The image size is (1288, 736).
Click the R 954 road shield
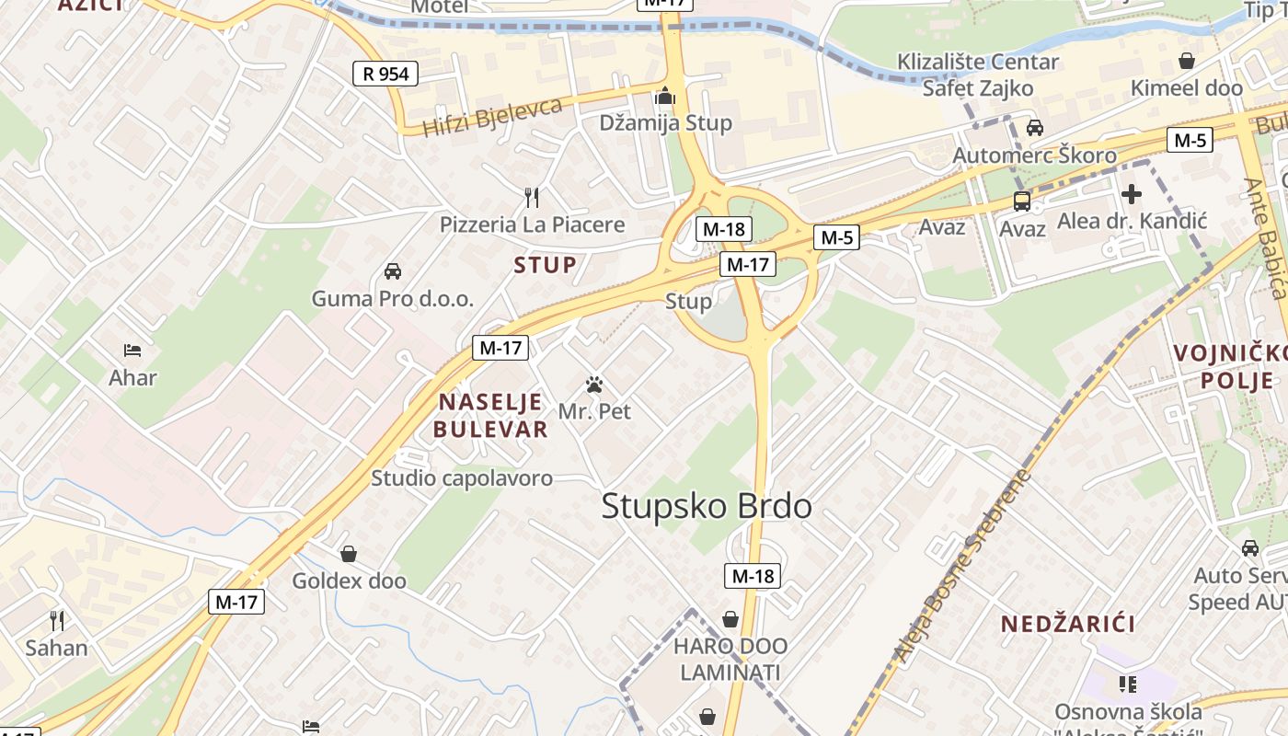tap(385, 74)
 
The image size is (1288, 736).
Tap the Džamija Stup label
tap(665, 123)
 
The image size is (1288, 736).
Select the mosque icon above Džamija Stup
tap(665, 96)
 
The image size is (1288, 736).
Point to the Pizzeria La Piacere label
tap(532, 224)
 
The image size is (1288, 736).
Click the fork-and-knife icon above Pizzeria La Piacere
tap(531, 197)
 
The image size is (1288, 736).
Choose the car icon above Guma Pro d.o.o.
tap(393, 271)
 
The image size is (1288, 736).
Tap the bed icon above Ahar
tap(132, 351)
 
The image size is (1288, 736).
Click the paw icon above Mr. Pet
tap(594, 385)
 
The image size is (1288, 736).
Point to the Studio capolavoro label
tap(462, 478)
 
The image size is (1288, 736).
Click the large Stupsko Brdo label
tap(707, 507)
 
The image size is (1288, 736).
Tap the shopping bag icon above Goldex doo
tap(349, 554)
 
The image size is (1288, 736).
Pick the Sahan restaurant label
tap(56, 648)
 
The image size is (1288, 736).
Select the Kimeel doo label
tap(1187, 88)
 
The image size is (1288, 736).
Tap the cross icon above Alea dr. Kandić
tap(1132, 194)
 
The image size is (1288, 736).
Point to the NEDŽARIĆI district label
tap(1067, 624)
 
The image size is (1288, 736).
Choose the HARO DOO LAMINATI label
tap(730, 659)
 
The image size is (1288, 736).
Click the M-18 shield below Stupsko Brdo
tap(753, 576)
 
